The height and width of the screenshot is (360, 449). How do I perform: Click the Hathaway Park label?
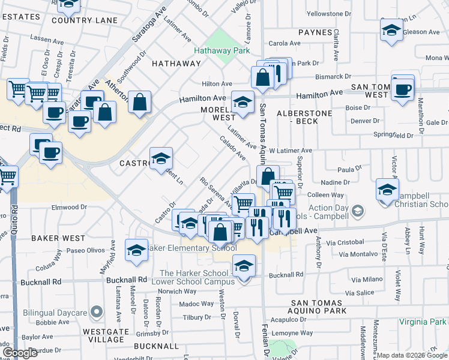221,51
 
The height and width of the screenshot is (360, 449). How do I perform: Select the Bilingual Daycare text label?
55,313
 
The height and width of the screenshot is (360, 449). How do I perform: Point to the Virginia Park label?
423,322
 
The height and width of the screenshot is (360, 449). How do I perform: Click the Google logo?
20,353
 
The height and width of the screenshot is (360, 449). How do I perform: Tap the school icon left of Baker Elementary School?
136,250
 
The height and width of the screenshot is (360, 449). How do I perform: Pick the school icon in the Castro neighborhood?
161,158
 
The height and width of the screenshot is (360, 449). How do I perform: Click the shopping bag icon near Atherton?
139,103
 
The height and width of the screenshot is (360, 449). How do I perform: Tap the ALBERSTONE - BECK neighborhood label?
301,117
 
